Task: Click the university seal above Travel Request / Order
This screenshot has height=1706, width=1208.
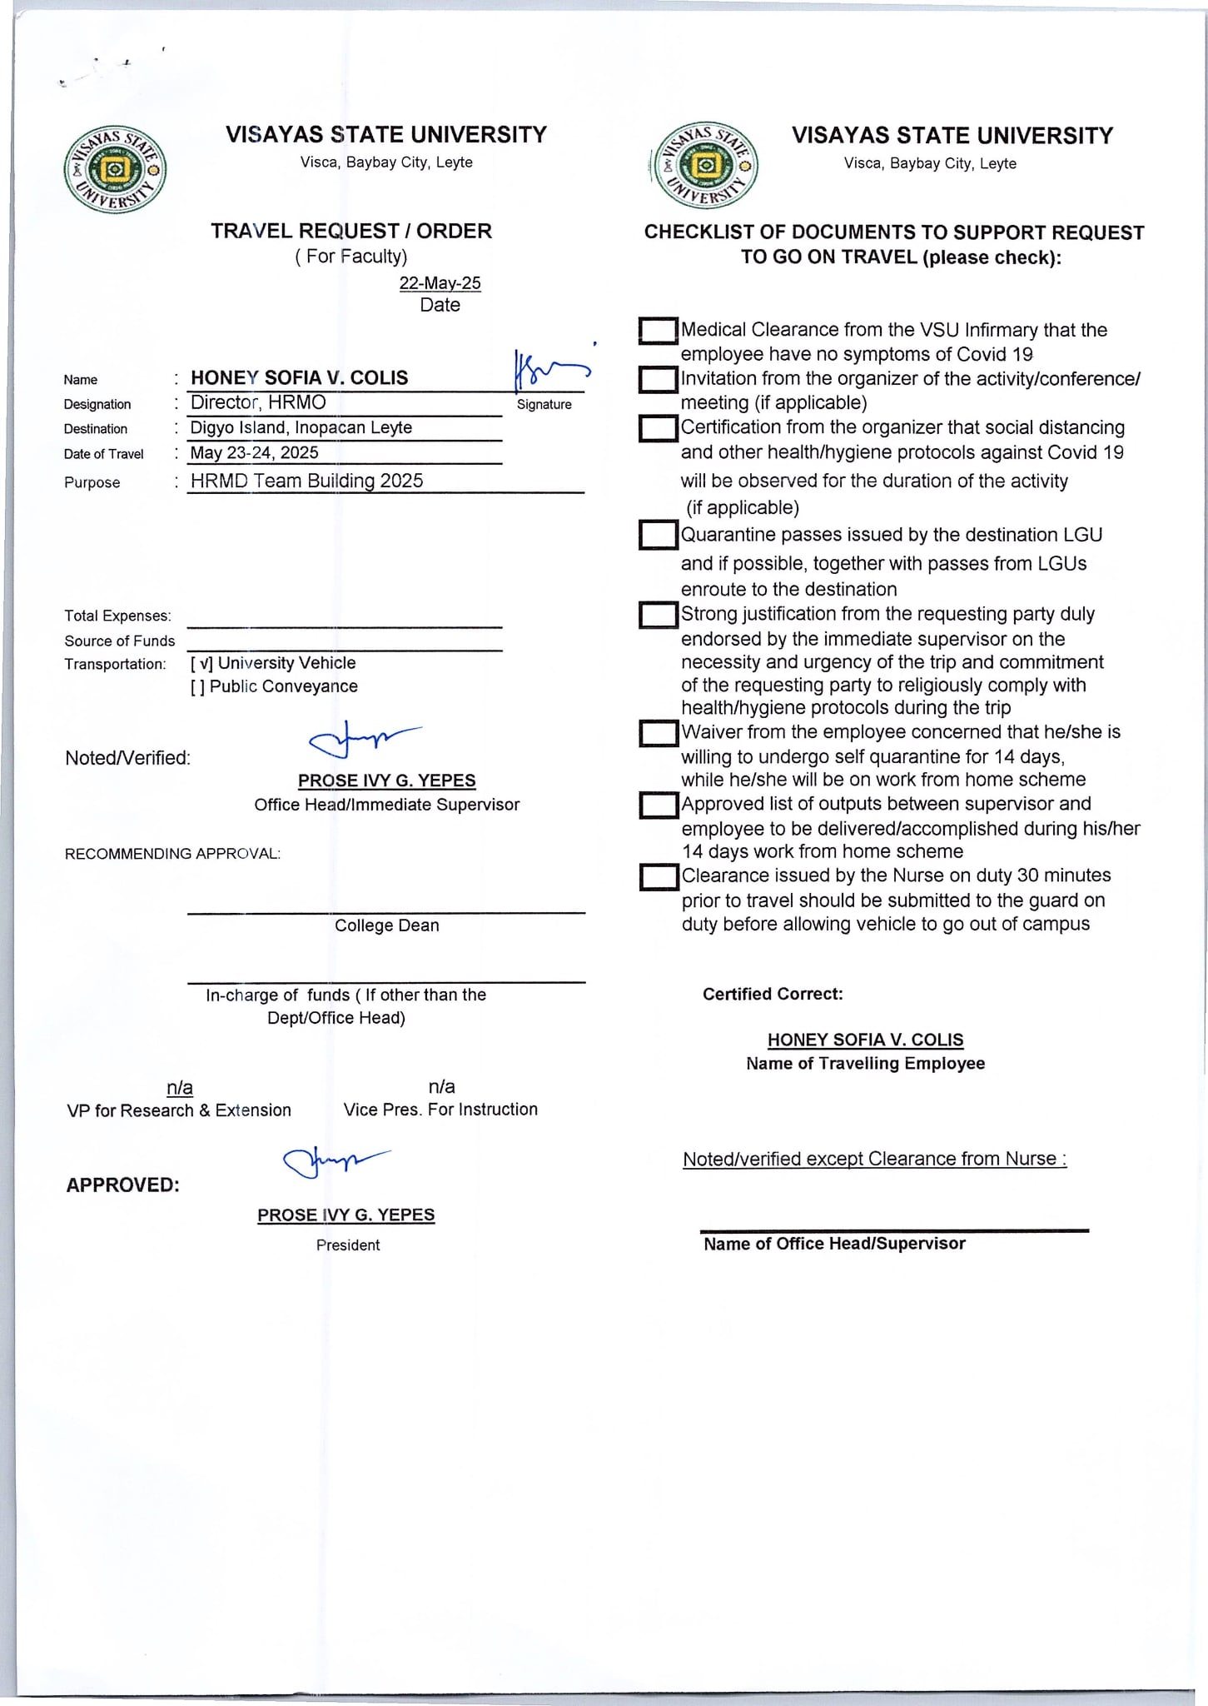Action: pyautogui.click(x=115, y=171)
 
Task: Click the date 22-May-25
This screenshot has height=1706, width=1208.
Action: pyautogui.click(x=440, y=283)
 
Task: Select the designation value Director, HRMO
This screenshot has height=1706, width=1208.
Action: pyautogui.click(x=258, y=402)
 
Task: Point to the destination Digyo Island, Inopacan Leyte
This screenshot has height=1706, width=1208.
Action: pyautogui.click(x=301, y=427)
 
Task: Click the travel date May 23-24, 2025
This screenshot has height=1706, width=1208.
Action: pyautogui.click(x=255, y=452)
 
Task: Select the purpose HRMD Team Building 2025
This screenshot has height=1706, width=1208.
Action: pyautogui.click(x=306, y=481)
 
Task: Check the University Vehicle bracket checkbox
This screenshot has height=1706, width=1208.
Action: pyautogui.click(x=202, y=663)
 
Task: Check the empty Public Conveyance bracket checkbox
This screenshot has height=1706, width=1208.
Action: pyautogui.click(x=198, y=686)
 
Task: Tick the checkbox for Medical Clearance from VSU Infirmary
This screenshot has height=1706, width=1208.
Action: pyautogui.click(x=659, y=331)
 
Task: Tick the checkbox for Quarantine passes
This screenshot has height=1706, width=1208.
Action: pyautogui.click(x=659, y=535)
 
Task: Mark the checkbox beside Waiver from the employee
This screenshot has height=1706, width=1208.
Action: pyautogui.click(x=659, y=733)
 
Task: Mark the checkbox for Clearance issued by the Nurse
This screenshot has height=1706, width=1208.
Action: pyautogui.click(x=659, y=877)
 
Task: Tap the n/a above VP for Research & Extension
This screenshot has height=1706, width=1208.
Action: pyautogui.click(x=180, y=1087)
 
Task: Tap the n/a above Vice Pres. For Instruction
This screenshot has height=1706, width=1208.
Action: pyautogui.click(x=441, y=1086)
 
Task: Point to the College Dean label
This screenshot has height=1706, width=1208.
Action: pyautogui.click(x=386, y=925)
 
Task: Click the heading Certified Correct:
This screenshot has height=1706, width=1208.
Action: pyautogui.click(x=773, y=994)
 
